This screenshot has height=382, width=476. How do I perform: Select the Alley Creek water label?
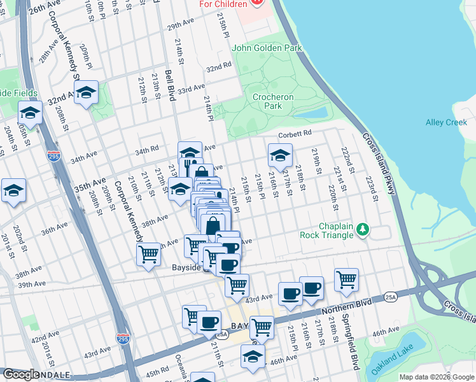pyautogui.click(x=446, y=122)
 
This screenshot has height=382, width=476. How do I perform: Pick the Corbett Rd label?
pyautogui.click(x=294, y=134)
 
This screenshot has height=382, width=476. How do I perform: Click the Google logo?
pyautogui.click(x=21, y=374)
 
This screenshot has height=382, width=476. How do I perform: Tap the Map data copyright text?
pyautogui.click(x=436, y=377)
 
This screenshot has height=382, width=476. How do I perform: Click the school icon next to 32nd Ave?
pyautogui.click(x=86, y=94)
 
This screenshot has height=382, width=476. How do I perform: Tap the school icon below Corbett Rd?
pyautogui.click(x=280, y=155)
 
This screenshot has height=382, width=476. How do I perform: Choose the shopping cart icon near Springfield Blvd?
pyautogui.click(x=346, y=279)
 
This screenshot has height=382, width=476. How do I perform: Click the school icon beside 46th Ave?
pyautogui.click(x=253, y=357)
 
